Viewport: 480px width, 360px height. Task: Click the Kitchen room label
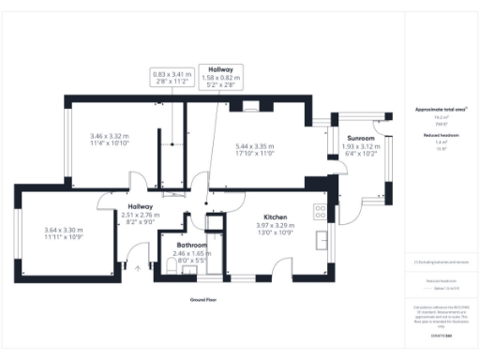click(275, 216)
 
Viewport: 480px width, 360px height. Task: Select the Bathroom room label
click(191, 245)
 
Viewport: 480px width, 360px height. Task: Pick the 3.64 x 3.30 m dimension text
click(64, 230)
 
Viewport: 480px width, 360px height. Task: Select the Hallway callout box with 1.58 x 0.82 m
click(220, 74)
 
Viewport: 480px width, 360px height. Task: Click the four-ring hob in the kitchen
click(320, 211)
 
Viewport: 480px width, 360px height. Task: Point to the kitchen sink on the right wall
click(321, 240)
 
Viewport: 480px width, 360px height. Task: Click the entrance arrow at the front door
click(139, 268)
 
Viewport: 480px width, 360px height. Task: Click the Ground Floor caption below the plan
click(202, 299)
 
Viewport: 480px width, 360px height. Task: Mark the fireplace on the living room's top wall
click(250, 106)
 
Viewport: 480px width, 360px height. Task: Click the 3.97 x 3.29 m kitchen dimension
click(275, 226)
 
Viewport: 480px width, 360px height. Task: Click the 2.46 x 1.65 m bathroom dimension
click(191, 254)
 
